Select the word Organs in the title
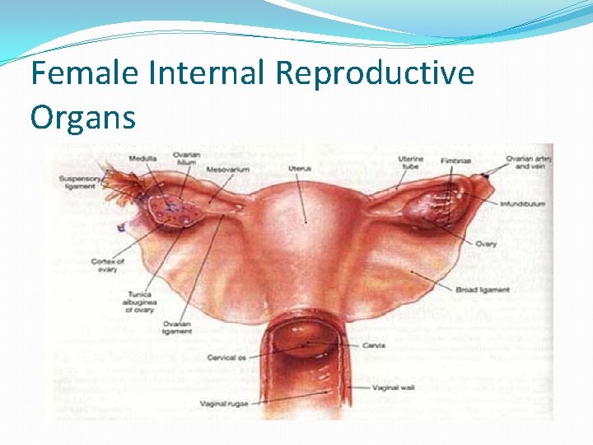point(82,117)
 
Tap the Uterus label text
point(300,169)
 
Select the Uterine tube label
point(411,162)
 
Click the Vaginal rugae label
point(225,404)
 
